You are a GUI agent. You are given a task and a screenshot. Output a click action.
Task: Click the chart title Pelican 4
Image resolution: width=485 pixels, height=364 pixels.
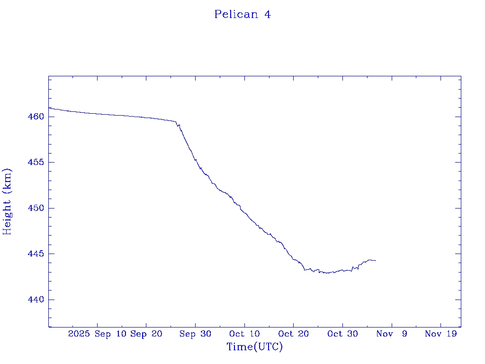pos(242,14)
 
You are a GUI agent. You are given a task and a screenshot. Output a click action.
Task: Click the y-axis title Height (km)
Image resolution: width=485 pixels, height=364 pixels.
pos(7,201)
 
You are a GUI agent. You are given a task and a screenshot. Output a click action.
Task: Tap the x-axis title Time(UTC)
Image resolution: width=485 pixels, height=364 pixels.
pos(255,347)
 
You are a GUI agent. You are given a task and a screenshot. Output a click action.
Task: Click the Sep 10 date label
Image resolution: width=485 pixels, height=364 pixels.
pos(110,334)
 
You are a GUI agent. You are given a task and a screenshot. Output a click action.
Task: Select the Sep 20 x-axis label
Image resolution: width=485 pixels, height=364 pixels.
pos(146,334)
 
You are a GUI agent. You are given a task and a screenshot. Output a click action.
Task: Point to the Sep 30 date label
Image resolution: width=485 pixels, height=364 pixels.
pos(196,334)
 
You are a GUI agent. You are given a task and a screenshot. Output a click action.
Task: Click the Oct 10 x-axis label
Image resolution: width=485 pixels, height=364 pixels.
pos(244,334)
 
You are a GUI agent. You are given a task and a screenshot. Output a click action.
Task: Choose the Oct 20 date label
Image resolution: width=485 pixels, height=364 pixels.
pos(294,334)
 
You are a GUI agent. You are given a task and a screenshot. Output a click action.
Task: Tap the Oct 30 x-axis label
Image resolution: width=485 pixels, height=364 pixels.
pos(343,334)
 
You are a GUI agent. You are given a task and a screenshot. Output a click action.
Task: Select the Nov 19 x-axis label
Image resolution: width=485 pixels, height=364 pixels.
pos(441,334)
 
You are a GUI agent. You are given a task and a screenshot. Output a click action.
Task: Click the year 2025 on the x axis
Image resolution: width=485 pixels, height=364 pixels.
pos(79,334)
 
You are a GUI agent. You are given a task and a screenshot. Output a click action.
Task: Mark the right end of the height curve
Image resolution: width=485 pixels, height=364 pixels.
pos(376,261)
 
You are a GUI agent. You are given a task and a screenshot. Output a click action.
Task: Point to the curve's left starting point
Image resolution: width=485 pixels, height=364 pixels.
pos(49,108)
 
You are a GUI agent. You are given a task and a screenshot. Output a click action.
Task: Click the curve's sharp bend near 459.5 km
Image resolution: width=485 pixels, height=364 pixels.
pos(176,122)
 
